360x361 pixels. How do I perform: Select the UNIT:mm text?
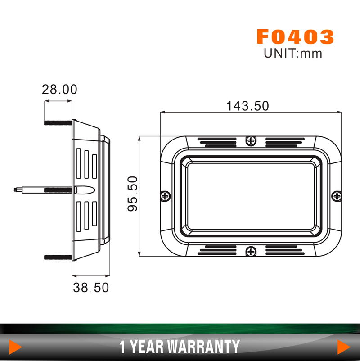[293, 53]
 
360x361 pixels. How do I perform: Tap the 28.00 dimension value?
[59, 89]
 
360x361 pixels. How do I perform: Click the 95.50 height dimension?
[132, 194]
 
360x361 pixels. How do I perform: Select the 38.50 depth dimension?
[91, 288]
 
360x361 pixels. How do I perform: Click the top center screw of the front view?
[251, 141]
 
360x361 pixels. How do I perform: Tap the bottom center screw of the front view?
[251, 250]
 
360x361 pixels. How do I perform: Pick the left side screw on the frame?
[166, 196]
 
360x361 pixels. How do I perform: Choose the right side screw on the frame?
[337, 196]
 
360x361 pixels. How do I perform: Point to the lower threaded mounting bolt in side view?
[58, 257]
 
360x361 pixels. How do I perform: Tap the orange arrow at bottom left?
[16, 347]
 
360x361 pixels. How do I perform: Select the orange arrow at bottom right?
[344, 347]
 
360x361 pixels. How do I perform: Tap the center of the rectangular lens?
[251, 196]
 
